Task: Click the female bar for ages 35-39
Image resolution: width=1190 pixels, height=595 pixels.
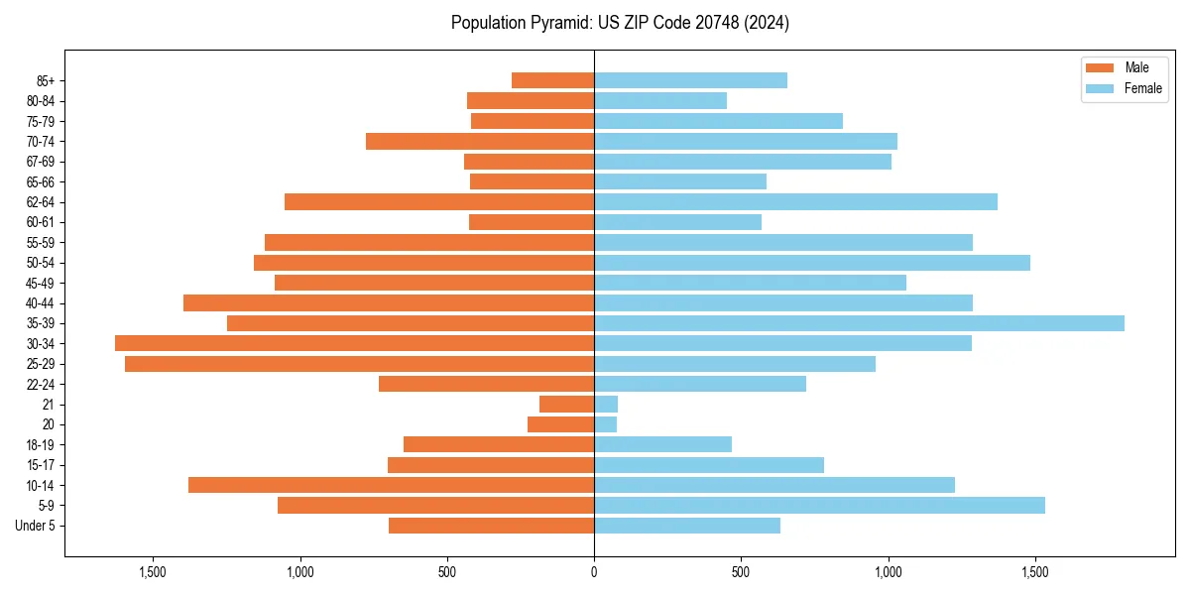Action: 859,323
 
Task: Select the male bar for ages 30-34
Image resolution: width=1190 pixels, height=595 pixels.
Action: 354,343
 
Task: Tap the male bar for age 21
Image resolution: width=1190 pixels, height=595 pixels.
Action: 566,405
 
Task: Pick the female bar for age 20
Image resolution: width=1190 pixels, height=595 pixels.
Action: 605,424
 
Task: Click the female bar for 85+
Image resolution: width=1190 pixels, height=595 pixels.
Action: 690,80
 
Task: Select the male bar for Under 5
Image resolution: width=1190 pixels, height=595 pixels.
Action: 491,526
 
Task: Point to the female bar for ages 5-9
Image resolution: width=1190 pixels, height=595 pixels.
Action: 819,506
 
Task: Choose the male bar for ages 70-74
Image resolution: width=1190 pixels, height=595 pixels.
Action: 480,141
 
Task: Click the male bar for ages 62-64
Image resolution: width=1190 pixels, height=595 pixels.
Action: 439,202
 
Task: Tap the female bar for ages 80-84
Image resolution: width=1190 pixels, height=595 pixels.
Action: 660,101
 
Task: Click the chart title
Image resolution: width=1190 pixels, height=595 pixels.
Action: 620,23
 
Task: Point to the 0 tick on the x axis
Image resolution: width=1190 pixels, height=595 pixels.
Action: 594,572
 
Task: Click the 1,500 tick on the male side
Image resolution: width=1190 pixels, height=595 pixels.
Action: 153,572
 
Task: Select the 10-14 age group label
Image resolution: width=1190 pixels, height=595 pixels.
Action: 41,486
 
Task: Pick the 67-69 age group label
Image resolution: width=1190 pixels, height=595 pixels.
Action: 41,162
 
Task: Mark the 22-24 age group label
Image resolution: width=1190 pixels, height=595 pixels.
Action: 41,385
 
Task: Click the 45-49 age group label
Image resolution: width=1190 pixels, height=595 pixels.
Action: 41,284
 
